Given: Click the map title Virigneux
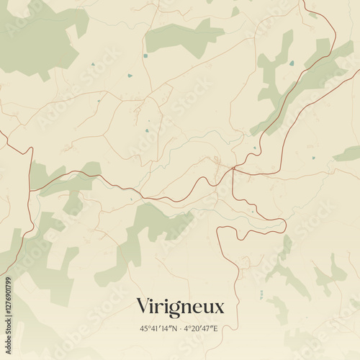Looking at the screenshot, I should point(180,307).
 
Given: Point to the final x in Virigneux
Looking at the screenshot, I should point(220,308).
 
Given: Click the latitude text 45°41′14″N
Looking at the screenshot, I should point(160,328).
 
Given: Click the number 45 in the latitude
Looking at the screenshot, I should point(145,328).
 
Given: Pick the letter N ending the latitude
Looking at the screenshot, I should point(176,328).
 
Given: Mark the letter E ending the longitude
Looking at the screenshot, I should point(215,328).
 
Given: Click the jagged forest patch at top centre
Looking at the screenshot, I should point(184,36).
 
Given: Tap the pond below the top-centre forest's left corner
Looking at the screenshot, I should point(145,55).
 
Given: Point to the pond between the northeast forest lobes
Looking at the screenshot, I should point(292,63).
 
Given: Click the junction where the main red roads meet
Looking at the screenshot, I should point(233,170).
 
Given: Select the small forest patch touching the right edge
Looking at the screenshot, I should point(348,153).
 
